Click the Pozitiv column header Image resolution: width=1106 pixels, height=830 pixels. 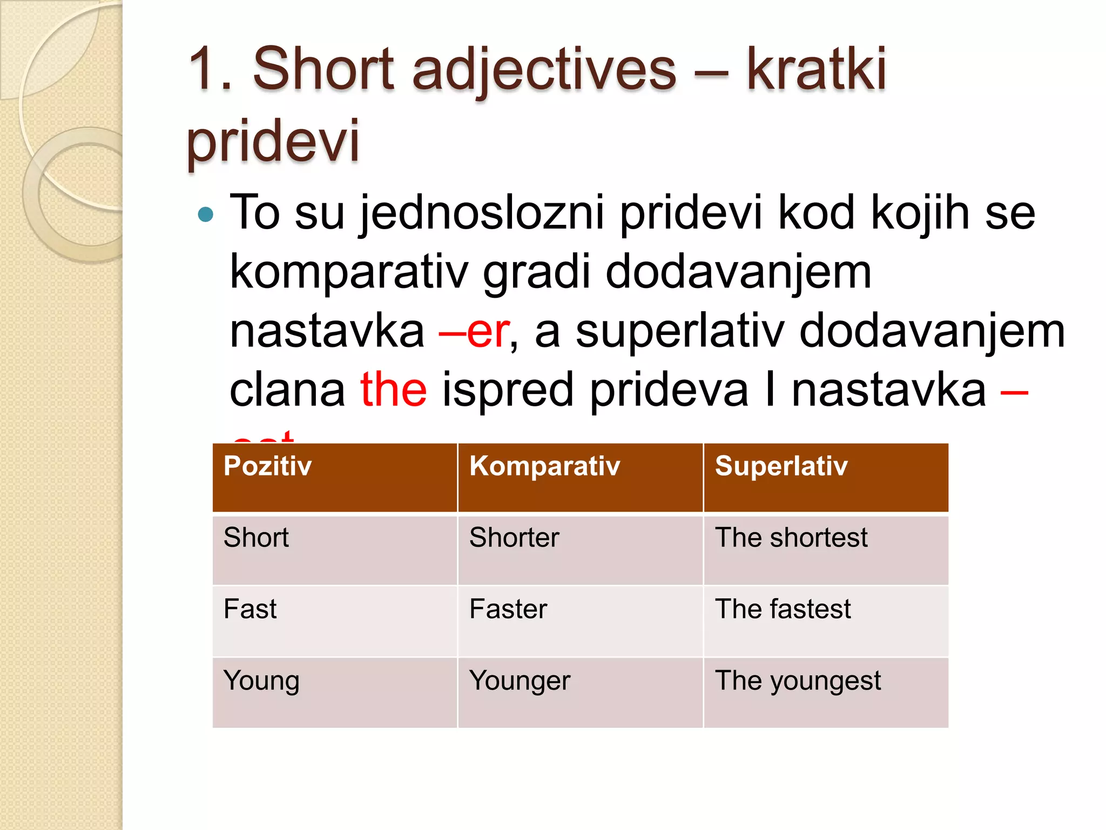point(268,466)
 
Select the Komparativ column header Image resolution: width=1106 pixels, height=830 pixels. point(544,466)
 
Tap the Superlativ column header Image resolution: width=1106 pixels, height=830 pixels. point(781,466)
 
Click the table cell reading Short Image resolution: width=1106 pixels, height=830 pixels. point(256,538)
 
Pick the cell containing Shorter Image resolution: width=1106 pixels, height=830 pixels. point(514,538)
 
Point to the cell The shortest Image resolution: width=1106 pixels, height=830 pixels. point(791,538)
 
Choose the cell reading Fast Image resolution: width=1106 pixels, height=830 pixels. point(250,609)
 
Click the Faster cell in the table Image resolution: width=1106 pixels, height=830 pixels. point(508,609)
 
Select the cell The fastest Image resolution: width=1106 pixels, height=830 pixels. point(783,609)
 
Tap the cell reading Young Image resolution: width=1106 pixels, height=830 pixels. point(261,681)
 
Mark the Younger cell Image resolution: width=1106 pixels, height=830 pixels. point(520,681)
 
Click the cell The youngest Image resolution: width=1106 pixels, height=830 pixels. point(798,681)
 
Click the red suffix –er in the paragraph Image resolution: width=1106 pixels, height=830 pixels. point(474,331)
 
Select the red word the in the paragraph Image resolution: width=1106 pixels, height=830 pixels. point(394,390)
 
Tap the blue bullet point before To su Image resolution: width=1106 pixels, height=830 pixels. point(206,215)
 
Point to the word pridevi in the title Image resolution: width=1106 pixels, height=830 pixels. point(273,142)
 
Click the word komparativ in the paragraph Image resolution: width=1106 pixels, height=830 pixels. point(349,273)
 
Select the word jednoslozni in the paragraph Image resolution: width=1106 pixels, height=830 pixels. point(482,214)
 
